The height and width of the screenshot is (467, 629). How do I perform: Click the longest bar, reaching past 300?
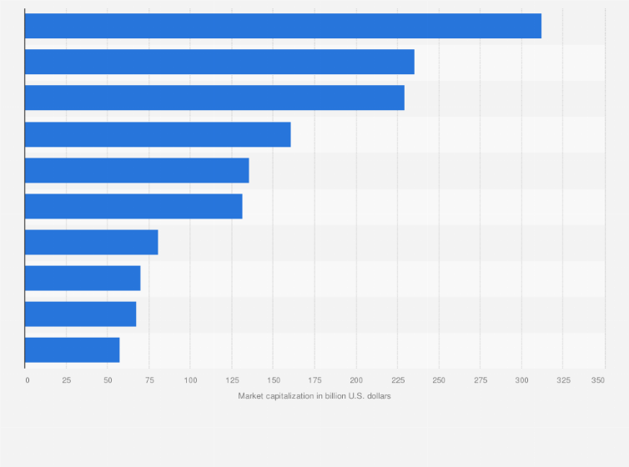coord(283,26)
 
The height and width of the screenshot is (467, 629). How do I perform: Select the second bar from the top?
coord(219,62)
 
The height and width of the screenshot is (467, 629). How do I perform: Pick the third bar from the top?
coord(214,98)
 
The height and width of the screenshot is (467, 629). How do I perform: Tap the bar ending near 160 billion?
coord(158,134)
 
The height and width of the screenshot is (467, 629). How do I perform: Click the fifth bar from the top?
coord(137,170)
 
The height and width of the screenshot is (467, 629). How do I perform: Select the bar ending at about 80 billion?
coord(91,242)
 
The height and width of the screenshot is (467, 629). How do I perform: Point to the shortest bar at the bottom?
coord(72,350)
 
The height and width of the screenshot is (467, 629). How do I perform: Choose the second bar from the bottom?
coord(80,314)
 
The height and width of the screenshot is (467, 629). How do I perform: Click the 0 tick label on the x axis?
coord(27,380)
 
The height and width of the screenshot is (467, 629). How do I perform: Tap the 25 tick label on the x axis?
coord(67,380)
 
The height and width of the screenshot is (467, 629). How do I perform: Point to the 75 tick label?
coord(149,380)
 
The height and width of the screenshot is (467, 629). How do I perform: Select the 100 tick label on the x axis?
coord(190,380)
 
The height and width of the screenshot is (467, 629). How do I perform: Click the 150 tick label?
coord(273,380)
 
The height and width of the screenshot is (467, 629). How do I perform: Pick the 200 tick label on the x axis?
coord(356,380)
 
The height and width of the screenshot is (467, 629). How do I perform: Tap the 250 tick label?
coord(439,380)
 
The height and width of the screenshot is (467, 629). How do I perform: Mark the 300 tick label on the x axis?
coord(521,380)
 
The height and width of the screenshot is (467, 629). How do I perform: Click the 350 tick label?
coord(598,380)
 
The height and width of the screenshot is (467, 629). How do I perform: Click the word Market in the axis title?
coord(251,396)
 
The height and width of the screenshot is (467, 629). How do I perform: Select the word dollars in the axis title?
coord(377,396)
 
